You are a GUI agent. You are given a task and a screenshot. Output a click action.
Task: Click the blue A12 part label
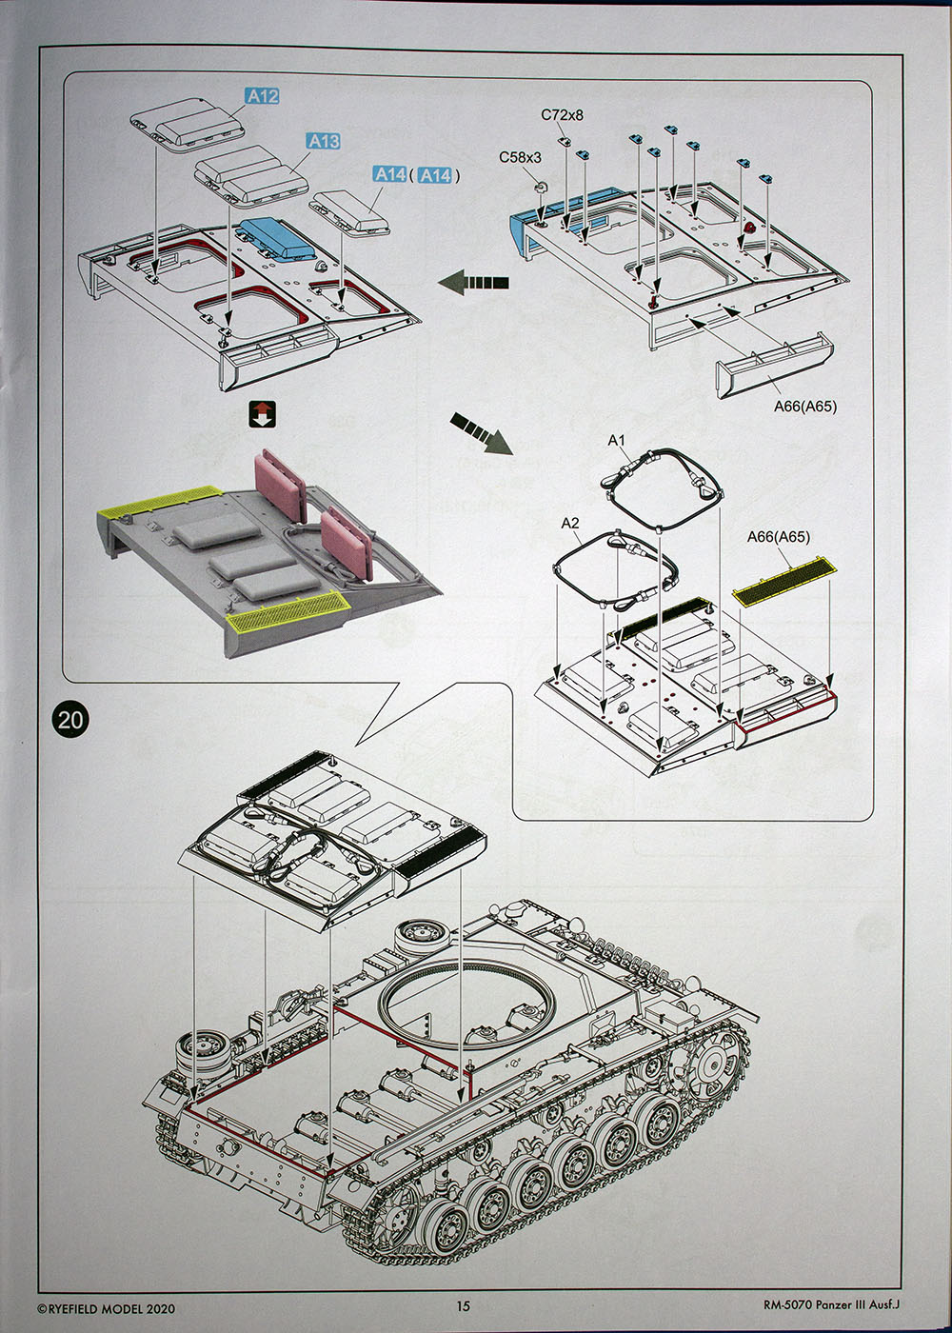click(x=262, y=96)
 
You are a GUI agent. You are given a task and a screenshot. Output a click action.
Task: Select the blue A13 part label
click(x=323, y=141)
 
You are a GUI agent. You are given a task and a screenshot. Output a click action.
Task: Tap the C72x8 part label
click(x=562, y=115)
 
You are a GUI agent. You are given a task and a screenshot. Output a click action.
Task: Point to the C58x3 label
click(x=520, y=157)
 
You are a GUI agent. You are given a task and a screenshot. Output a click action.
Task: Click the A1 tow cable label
click(x=617, y=440)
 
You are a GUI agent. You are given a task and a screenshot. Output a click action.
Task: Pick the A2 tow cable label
click(x=570, y=523)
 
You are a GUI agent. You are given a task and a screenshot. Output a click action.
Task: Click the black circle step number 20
click(x=71, y=719)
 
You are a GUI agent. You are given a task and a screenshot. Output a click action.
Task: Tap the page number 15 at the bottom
click(x=464, y=1306)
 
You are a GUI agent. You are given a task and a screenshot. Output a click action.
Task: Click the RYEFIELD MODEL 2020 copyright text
click(x=106, y=1308)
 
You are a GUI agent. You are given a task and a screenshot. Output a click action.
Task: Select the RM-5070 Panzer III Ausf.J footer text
click(x=830, y=1305)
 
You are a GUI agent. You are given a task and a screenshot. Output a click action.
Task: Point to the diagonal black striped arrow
click(x=481, y=432)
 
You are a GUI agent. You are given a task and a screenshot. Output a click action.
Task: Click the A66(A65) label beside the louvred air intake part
click(x=804, y=406)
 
